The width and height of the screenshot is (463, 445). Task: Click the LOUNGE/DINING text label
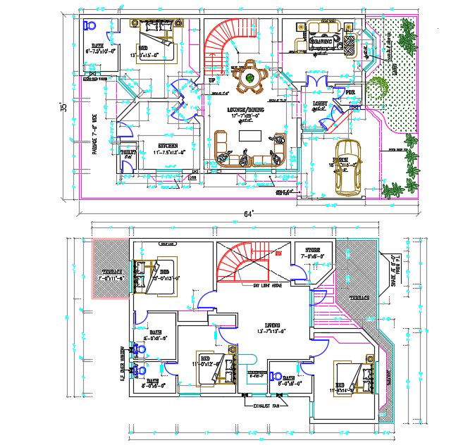pos(246,111)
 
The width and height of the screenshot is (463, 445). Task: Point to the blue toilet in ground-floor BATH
pos(89,25)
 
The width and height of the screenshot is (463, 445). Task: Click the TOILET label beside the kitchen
pos(128,152)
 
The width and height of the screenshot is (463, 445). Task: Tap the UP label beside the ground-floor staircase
pos(211,80)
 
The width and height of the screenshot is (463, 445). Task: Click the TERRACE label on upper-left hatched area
pos(112,272)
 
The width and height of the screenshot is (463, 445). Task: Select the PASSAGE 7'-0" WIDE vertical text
pos(94,137)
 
